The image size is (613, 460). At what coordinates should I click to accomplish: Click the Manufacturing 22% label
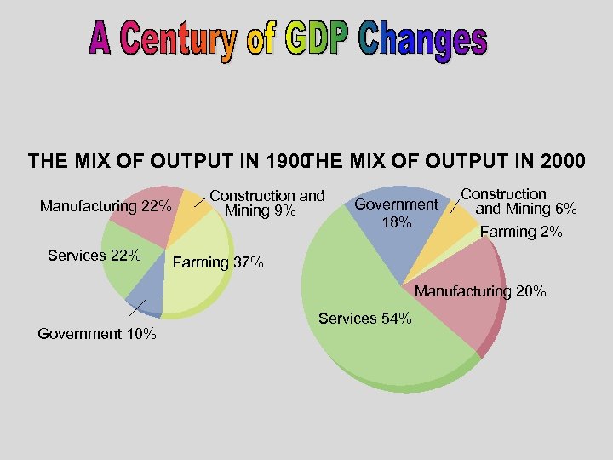click(x=106, y=206)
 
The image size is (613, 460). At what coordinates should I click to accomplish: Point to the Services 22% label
click(x=95, y=256)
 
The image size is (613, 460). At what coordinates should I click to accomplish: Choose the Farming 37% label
click(x=218, y=262)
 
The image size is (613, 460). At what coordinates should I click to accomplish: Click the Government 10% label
click(x=97, y=334)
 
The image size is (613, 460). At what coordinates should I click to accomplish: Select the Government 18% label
click(x=396, y=213)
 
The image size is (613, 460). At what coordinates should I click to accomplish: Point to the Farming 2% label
click(x=521, y=232)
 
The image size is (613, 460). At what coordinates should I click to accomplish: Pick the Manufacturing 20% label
click(x=480, y=291)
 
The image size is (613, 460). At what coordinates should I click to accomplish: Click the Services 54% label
click(x=365, y=319)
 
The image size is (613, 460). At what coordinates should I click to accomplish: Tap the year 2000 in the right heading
click(x=555, y=160)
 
